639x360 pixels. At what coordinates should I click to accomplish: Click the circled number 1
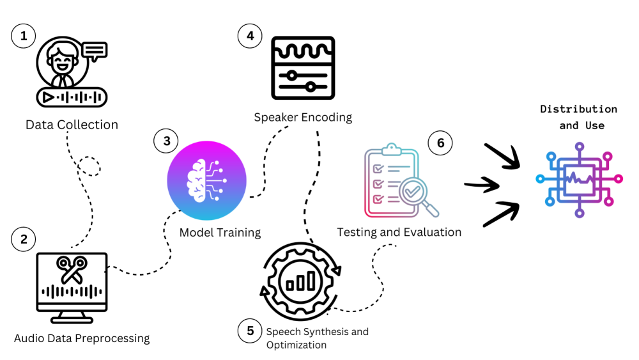24,36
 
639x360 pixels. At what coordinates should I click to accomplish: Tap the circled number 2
24,239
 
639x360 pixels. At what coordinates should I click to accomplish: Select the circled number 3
167,141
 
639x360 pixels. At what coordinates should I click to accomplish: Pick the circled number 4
250,36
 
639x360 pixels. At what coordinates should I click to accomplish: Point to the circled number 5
250,331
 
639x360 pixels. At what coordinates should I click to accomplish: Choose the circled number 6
440,143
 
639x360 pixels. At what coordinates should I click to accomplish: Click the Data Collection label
72,125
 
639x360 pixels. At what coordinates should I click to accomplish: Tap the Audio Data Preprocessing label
82,338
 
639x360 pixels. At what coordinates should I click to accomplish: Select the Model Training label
220,232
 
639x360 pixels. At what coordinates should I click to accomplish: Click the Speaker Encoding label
303,117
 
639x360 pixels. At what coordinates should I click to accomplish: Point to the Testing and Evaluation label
399,232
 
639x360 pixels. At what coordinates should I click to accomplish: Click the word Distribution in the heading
578,109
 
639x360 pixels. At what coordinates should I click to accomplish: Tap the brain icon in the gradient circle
206,181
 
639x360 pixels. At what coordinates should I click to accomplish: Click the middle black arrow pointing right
482,185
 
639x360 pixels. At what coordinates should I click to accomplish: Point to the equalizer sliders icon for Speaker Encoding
303,68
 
